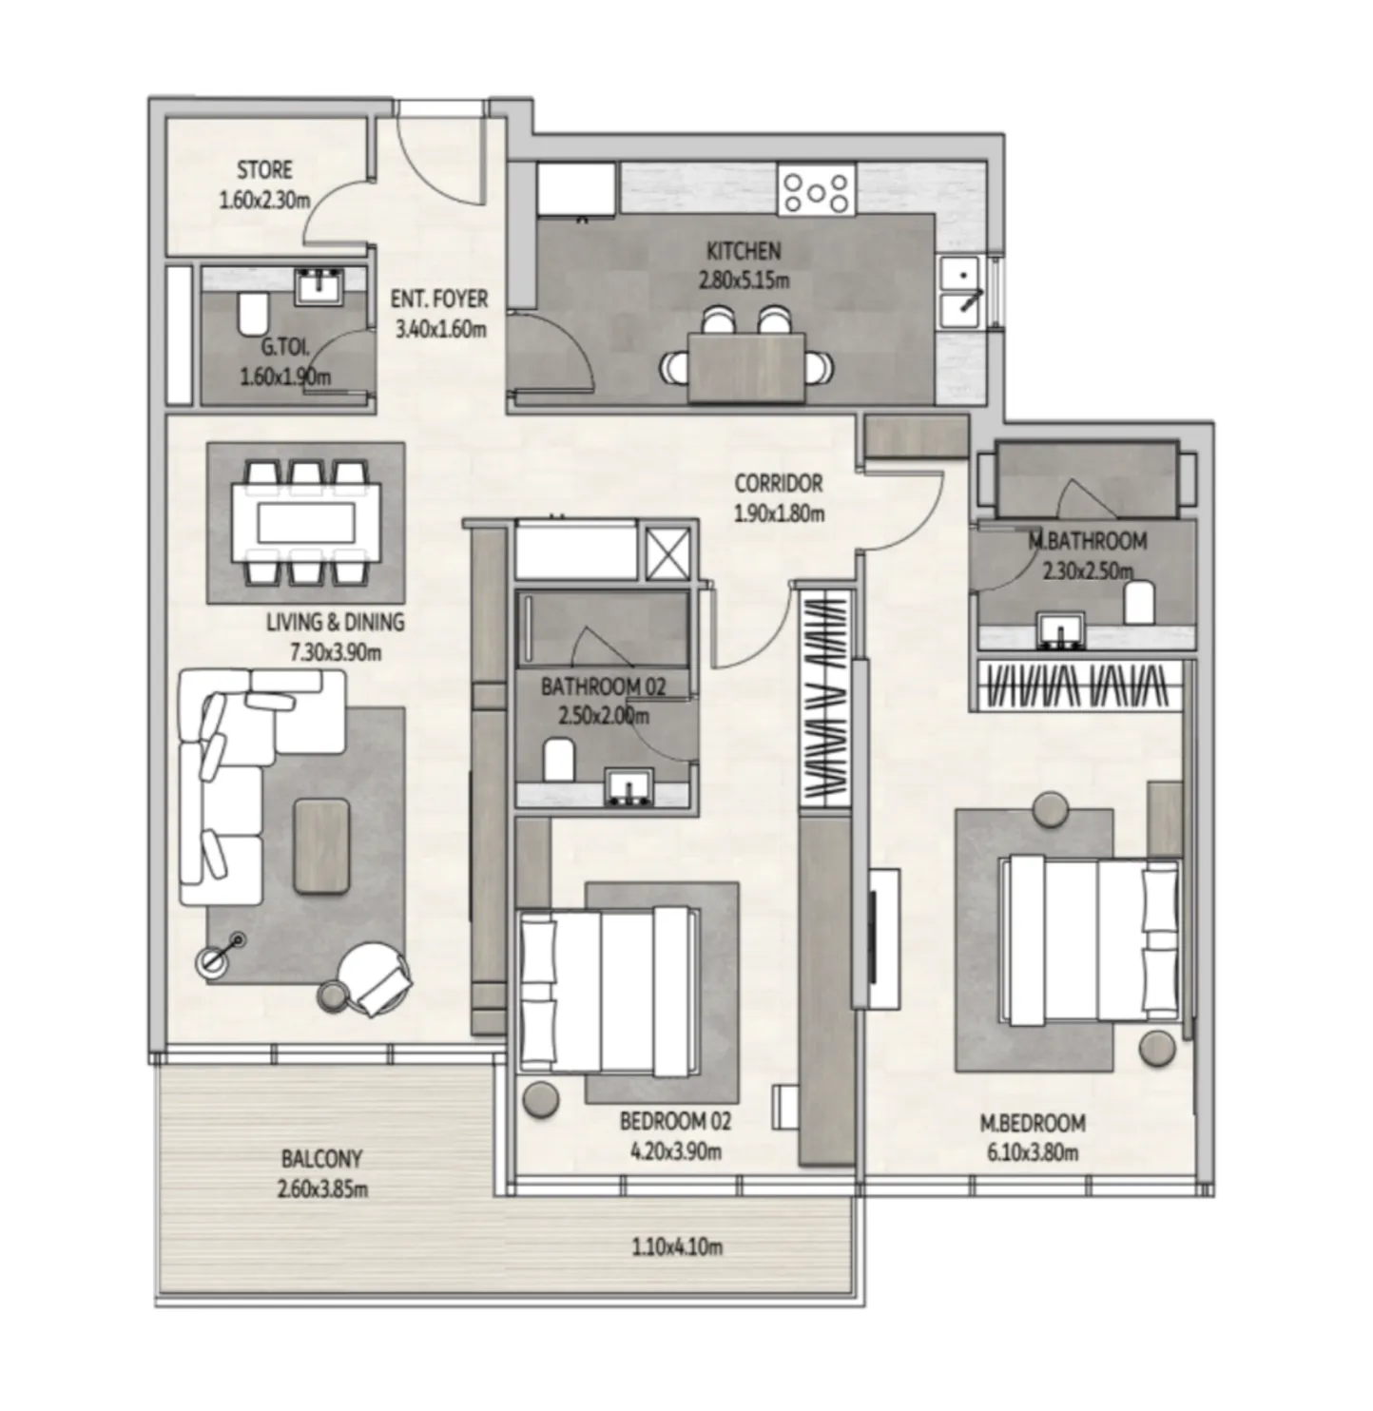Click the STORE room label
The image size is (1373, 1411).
point(264,170)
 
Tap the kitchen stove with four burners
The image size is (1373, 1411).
point(816,190)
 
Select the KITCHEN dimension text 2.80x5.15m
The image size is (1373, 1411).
point(744,281)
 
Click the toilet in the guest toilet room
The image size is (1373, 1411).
point(252,312)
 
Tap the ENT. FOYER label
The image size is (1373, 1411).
point(439,300)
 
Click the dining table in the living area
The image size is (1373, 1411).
point(305,522)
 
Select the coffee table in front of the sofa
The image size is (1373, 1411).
point(322,845)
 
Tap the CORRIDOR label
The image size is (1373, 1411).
point(778,483)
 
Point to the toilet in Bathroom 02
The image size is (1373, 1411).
point(558,761)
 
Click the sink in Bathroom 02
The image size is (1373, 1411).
point(628,789)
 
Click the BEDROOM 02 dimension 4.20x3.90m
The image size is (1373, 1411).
point(676,1152)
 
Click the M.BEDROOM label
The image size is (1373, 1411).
point(1033,1123)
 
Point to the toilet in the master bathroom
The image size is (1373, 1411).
point(1138,603)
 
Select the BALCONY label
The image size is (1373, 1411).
point(321,1159)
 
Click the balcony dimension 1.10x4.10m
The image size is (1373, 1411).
point(676,1247)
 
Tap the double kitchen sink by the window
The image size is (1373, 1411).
point(963,290)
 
